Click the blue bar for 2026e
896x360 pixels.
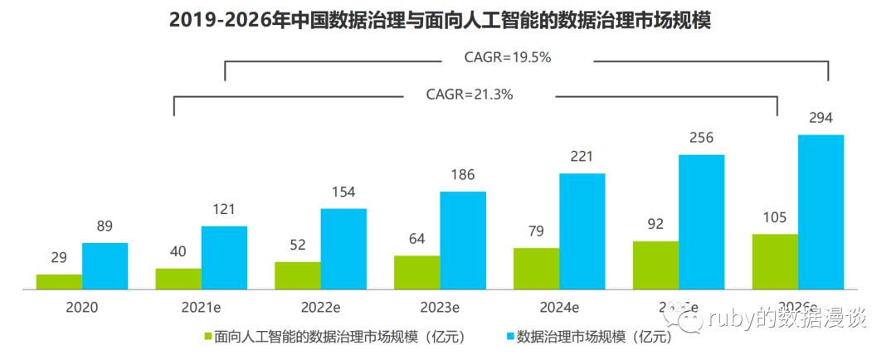point(821,212)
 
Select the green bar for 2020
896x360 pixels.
point(59,282)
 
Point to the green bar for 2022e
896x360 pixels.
point(298,275)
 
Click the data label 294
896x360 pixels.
point(821,118)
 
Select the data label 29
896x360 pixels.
point(59,258)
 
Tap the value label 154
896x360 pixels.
point(343,192)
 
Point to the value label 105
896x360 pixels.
point(775,217)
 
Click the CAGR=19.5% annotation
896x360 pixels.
point(508,59)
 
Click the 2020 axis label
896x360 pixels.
point(82,307)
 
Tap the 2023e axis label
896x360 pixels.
point(440,307)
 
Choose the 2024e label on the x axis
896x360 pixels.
point(559,307)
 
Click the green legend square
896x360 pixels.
point(208,338)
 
